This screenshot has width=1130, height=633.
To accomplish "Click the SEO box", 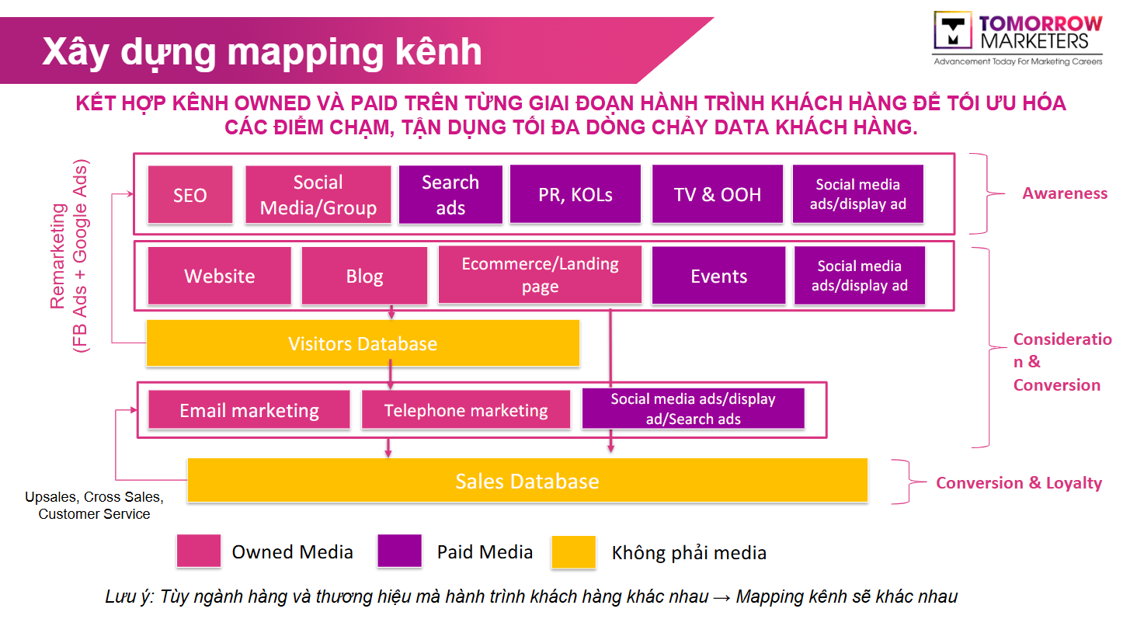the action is tap(189, 195).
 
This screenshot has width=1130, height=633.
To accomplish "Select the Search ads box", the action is tap(450, 194).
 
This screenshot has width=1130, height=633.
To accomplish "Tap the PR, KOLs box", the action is tap(575, 194).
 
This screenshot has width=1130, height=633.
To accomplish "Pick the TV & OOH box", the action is tap(718, 194).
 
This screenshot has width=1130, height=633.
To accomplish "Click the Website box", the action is tap(219, 276).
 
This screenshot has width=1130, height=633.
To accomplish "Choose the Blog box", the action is tap(364, 276).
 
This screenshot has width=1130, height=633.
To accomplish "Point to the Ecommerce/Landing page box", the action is tap(540, 275).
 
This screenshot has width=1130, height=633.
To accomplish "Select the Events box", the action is tap(718, 276).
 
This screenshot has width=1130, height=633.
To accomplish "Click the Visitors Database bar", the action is tap(363, 343).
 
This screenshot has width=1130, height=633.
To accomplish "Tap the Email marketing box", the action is tap(249, 410).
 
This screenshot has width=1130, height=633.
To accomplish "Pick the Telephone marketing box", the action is tap(466, 410).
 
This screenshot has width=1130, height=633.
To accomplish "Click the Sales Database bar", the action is tap(527, 481).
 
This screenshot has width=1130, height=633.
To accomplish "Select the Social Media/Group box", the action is tap(318, 195).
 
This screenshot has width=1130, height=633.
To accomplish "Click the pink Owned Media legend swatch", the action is tap(198, 551).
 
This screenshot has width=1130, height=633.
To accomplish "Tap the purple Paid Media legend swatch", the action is tap(399, 551).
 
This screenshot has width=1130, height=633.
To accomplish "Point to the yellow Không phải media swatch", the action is tap(573, 552).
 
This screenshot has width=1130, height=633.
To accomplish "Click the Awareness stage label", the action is tap(1065, 193).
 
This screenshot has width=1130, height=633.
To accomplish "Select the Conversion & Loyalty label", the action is tap(1019, 483).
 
